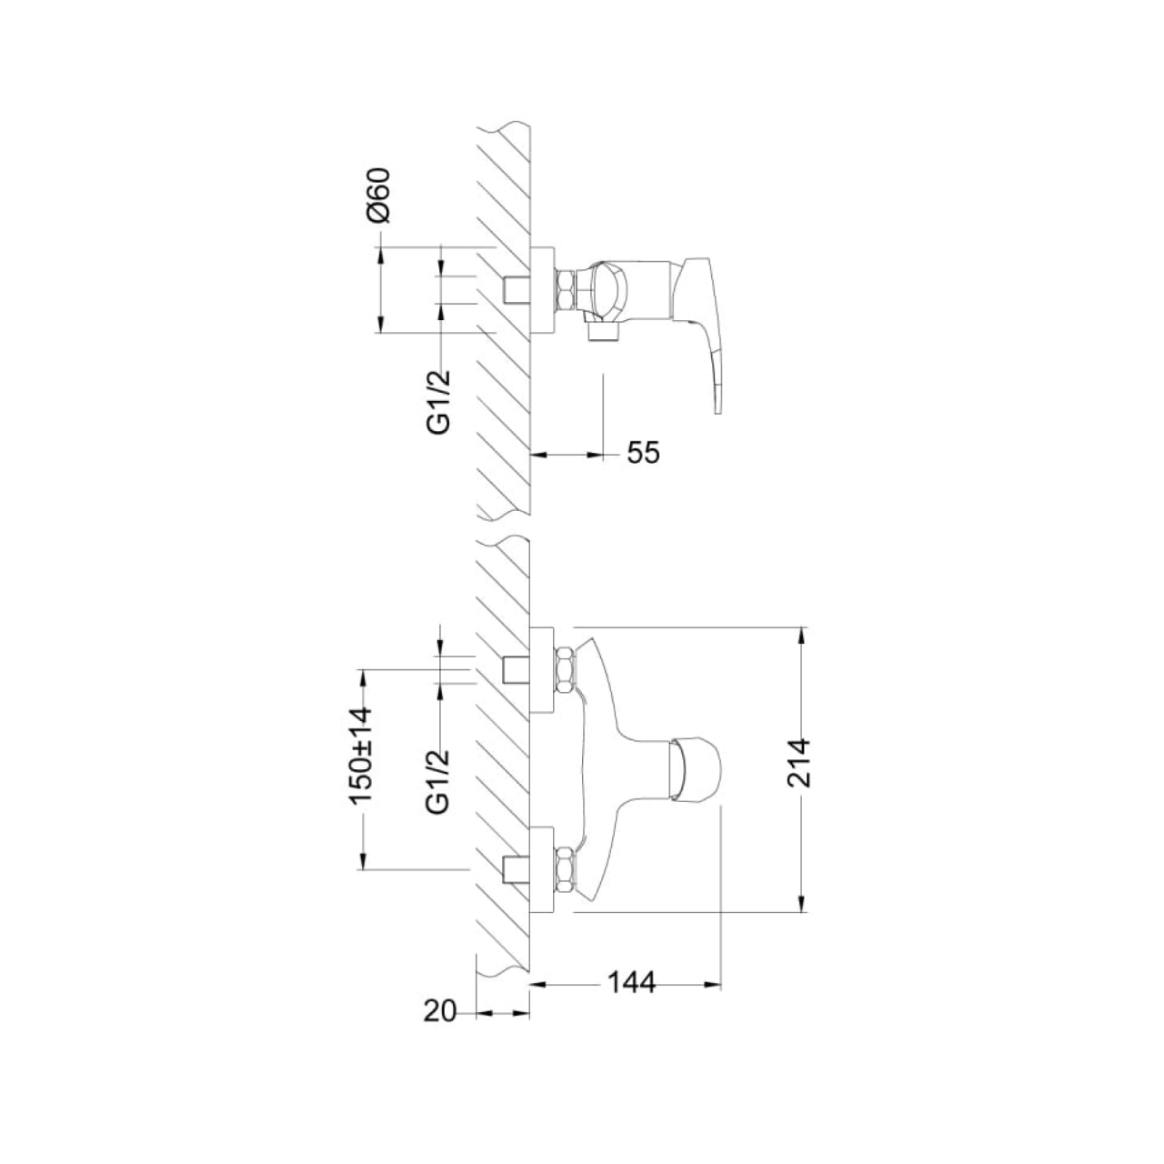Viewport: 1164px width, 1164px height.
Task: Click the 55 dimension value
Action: click(643, 453)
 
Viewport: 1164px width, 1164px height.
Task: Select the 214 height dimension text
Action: click(799, 762)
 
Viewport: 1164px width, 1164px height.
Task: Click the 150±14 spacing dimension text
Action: click(361, 755)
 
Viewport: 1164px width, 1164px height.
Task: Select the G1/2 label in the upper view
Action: click(439, 402)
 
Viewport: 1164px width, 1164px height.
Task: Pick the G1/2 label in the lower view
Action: click(439, 781)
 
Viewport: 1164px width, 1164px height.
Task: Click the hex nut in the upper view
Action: click(566, 291)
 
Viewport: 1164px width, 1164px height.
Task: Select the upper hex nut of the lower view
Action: click(566, 670)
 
